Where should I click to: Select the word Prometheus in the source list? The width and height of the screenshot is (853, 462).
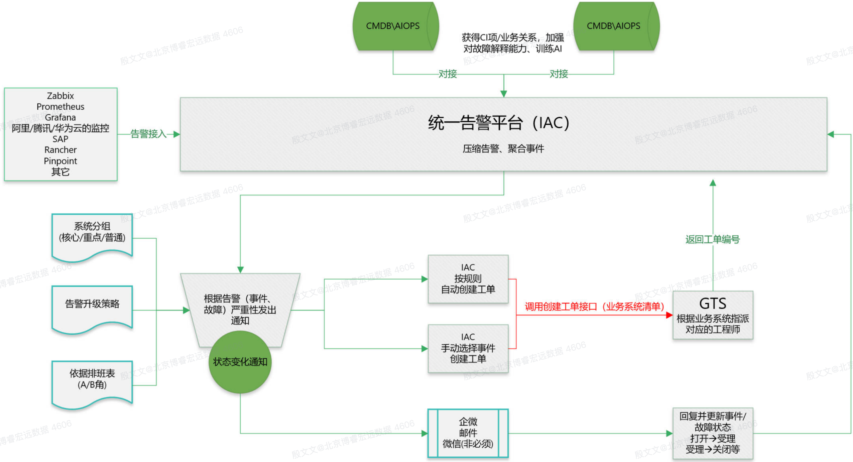[60, 107]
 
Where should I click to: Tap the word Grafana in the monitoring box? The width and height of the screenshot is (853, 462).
[60, 117]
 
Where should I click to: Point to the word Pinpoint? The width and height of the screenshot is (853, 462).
[60, 161]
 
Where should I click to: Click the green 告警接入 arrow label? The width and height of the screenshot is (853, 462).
[148, 134]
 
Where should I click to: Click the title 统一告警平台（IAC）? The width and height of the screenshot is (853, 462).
[498, 123]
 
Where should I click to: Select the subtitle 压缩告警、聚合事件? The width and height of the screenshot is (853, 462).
[503, 148]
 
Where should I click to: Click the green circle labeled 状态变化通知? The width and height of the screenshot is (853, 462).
[240, 362]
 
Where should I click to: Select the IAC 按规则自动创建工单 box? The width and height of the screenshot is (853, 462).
[468, 279]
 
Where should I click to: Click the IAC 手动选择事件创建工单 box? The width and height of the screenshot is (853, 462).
[468, 348]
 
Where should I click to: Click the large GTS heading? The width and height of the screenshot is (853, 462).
[713, 304]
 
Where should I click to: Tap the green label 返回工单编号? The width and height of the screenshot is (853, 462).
[712, 239]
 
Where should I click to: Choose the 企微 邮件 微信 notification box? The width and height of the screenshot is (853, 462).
[468, 433]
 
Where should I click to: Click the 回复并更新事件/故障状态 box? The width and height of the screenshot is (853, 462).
[713, 433]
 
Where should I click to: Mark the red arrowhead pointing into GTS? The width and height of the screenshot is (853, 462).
[669, 315]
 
